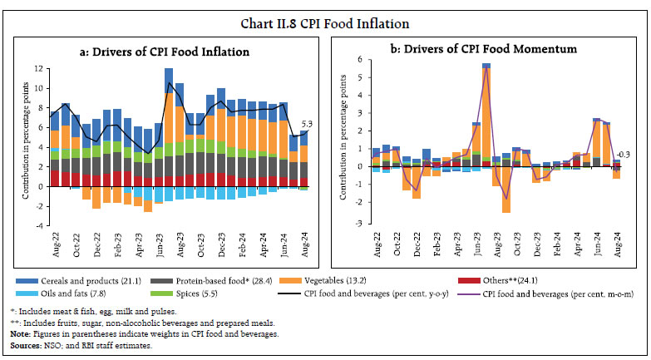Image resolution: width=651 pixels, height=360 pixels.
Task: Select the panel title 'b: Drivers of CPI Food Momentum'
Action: click(x=486, y=49)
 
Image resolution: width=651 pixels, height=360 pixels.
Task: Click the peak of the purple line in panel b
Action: click(x=486, y=68)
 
